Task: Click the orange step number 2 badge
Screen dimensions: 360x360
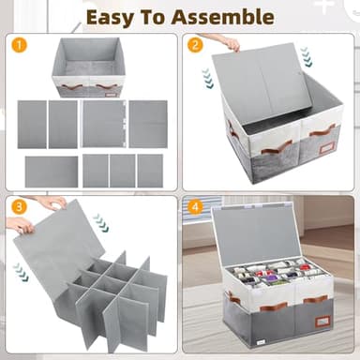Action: [x=195, y=44]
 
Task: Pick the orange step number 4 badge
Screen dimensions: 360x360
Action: [x=195, y=205]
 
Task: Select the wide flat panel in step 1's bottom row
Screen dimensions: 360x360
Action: [x=52, y=171]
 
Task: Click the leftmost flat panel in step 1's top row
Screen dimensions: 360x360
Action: [x=31, y=124]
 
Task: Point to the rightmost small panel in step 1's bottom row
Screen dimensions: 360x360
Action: [x=150, y=170]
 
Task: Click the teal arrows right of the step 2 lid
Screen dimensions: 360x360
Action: [x=305, y=59]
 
